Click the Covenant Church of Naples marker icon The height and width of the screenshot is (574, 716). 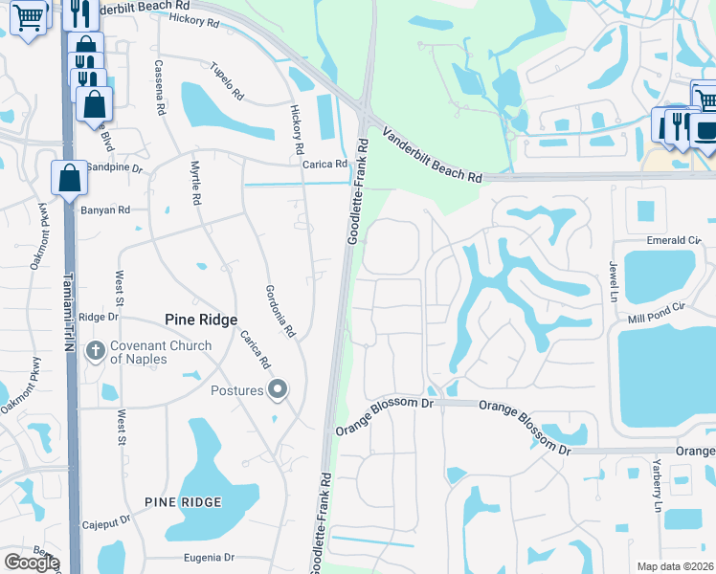(95, 350)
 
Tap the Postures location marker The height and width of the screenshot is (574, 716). (278, 388)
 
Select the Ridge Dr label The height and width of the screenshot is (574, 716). (99, 317)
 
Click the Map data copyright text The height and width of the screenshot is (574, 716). (675, 566)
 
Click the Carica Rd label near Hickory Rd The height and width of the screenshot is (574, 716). (324, 165)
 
